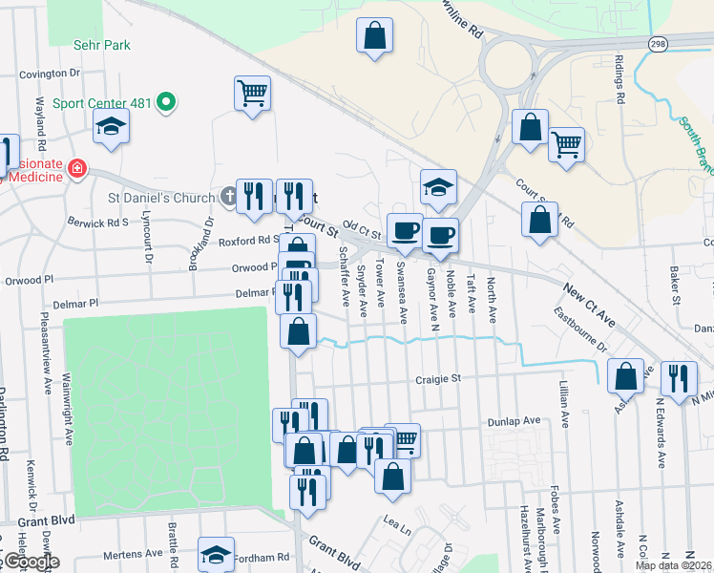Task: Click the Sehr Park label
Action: [102, 45]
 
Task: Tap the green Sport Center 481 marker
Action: [166, 101]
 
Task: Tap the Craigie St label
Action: [438, 378]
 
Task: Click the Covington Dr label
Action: [46, 73]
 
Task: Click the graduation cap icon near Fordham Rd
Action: [217, 554]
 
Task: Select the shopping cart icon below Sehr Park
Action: [252, 93]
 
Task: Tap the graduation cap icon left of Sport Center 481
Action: [112, 126]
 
